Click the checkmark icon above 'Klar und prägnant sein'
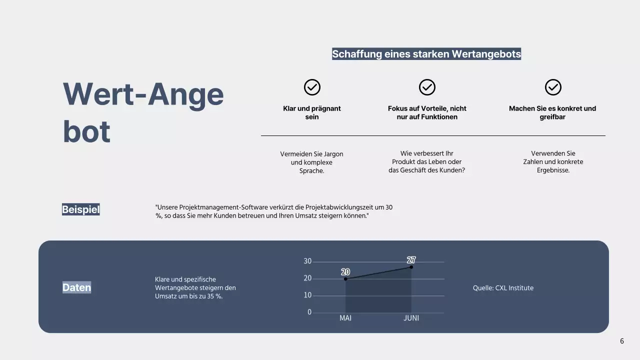coord(312,87)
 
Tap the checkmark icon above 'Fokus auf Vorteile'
coord(427,87)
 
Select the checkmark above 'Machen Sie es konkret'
coord(553,87)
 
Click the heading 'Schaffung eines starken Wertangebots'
coord(426,54)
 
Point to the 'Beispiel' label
coord(81,209)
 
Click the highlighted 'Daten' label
coord(77,287)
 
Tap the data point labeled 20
coord(345,279)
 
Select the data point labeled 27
coord(411,267)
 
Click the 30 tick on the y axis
coord(307,261)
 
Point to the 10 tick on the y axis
coord(307,295)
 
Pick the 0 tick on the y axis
coord(309,312)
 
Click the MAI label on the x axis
coord(345,318)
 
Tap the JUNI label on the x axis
coord(411,318)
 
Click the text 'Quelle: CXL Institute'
coord(503,288)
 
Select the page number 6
coord(622,341)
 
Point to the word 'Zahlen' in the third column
coord(534,162)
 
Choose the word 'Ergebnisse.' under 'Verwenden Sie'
coord(553,170)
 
